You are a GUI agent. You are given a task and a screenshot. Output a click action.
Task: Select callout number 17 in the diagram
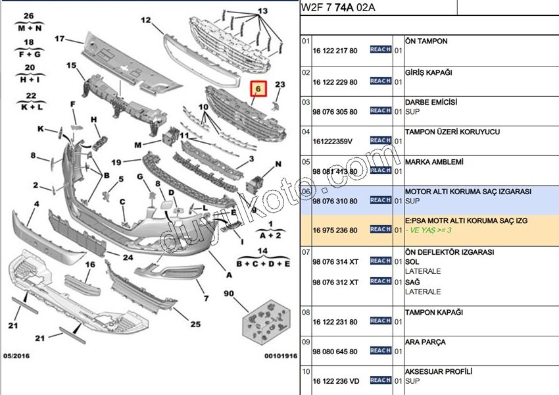pyautogui.click(x=60, y=39)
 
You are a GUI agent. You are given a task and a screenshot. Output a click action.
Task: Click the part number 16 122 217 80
pyautogui.click(x=335, y=51)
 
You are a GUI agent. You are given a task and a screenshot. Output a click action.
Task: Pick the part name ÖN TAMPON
pyautogui.click(x=426, y=41)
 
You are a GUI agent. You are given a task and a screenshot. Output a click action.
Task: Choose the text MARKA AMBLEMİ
pyautogui.click(x=435, y=162)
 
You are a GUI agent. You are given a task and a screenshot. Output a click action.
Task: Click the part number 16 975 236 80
pyautogui.click(x=335, y=230)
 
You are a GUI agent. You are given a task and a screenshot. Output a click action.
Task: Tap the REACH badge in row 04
pyautogui.click(x=381, y=140)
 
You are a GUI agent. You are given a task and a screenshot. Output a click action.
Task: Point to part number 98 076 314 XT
pyautogui.click(x=335, y=262)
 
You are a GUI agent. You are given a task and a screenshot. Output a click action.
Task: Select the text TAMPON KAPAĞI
pyautogui.click(x=434, y=312)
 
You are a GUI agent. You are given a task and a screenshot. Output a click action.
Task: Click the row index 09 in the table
pyautogui.click(x=305, y=342)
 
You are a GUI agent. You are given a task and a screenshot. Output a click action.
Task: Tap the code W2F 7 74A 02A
pyautogui.click(x=337, y=8)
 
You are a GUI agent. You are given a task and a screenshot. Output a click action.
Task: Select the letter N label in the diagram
pyautogui.click(x=279, y=163)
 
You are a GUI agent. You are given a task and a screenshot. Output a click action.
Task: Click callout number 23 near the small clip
pyautogui.click(x=280, y=84)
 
